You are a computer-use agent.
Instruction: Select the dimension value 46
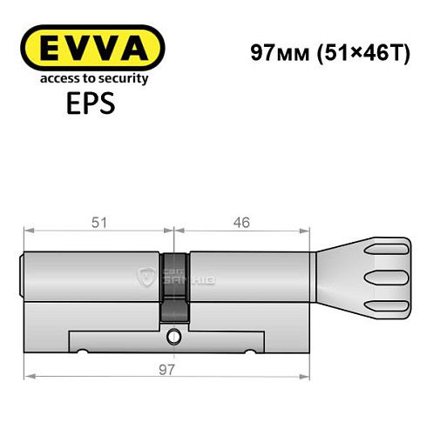pos(242,223)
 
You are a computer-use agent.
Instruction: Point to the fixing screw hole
pos(175,334)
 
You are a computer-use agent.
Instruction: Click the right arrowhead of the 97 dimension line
pos(308,376)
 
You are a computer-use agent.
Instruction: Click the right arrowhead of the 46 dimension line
pos(308,231)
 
